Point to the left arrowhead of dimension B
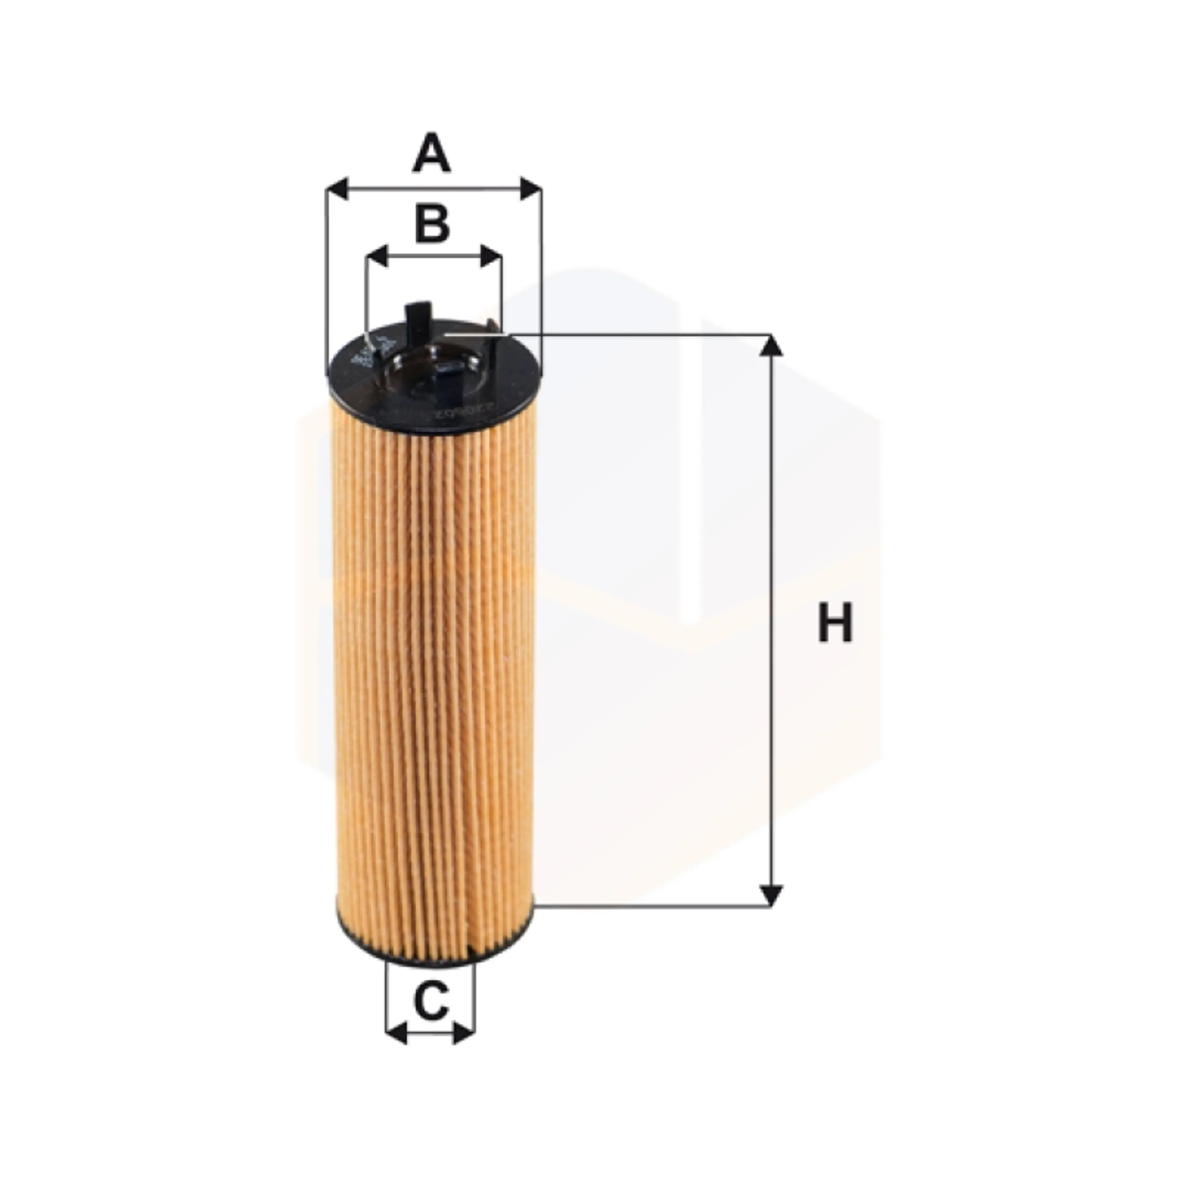tap(378, 257)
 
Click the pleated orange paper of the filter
tap(433, 671)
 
